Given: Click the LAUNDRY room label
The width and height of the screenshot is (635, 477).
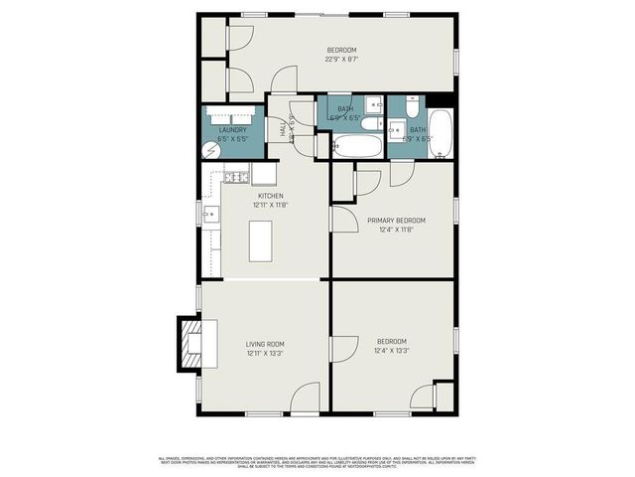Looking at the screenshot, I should [232, 129].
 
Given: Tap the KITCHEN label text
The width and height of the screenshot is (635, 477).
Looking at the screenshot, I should [271, 196].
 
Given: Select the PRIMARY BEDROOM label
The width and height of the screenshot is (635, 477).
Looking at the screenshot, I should [396, 220].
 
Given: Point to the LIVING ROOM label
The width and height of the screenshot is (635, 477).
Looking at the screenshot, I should [265, 344].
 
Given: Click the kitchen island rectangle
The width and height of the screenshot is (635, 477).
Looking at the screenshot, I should [261, 240].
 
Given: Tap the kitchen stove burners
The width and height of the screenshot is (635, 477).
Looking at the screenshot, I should [235, 177].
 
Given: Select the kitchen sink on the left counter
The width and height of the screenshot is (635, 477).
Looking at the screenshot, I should [210, 214].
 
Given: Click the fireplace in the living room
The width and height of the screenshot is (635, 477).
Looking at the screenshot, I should [190, 341].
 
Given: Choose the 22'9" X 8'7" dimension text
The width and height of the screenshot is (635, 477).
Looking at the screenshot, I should [341, 59].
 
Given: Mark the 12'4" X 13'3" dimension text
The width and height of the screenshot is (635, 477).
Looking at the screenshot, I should [392, 351].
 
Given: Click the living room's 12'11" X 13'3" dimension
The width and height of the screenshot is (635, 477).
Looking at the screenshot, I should [265, 352].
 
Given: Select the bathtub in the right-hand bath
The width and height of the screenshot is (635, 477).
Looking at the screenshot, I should [442, 133].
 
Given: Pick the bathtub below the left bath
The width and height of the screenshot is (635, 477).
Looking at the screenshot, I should [354, 147].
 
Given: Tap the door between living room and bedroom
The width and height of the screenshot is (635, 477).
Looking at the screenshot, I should [343, 349].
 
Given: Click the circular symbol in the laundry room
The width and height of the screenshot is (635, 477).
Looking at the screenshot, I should [211, 149].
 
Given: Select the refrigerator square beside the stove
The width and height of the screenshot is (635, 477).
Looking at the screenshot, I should [264, 175].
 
